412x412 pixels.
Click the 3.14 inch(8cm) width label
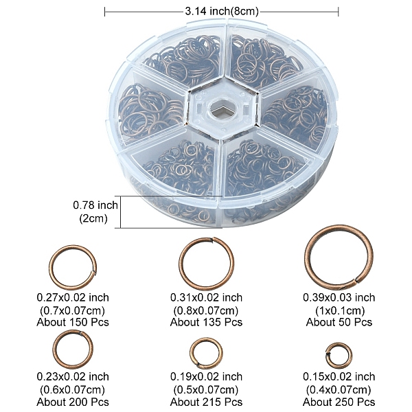222,12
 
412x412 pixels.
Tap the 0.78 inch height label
95,205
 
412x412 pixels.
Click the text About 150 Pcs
73,322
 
